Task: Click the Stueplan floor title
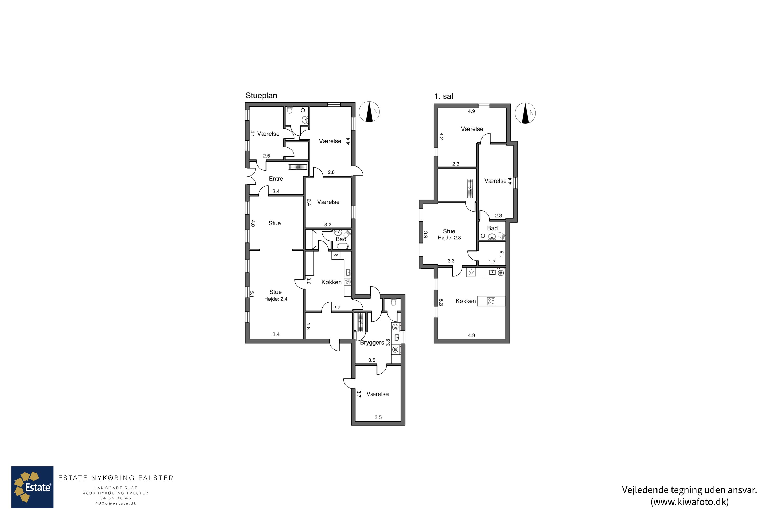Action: (x=261, y=96)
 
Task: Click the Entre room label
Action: (x=276, y=179)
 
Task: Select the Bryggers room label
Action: (x=372, y=343)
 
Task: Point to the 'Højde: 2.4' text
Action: (x=276, y=299)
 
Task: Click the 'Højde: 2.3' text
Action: (x=449, y=238)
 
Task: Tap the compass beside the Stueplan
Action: (x=369, y=112)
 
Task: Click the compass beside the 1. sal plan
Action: (x=525, y=113)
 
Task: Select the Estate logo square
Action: (x=32, y=487)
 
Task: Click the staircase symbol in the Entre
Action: (x=298, y=167)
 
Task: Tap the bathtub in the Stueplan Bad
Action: (x=342, y=246)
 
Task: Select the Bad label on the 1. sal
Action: (x=492, y=228)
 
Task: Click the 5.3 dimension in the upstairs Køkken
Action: (x=441, y=302)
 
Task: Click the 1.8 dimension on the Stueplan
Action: (x=308, y=326)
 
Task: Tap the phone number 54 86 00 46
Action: (x=115, y=498)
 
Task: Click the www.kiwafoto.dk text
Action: (x=689, y=502)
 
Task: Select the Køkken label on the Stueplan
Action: (x=331, y=282)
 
